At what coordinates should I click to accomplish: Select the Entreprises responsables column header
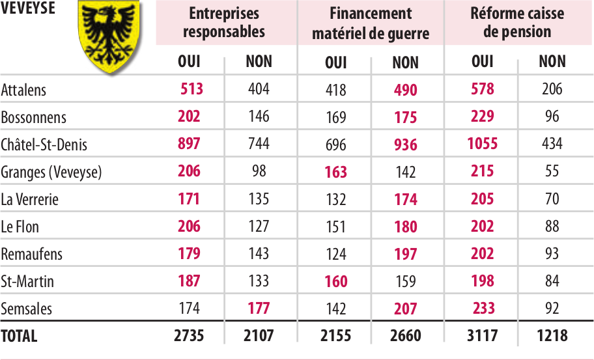[x=223, y=23]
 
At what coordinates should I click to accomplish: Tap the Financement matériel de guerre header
[x=370, y=23]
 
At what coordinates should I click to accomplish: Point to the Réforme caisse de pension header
[x=517, y=23]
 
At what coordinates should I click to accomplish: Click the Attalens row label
[x=24, y=90]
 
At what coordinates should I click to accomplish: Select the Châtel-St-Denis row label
[x=44, y=145]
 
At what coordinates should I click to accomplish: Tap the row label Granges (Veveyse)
[x=51, y=172]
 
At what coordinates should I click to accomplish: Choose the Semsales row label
[x=26, y=309]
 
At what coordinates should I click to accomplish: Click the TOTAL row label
[x=20, y=336]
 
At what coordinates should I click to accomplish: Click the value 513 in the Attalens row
[x=191, y=89]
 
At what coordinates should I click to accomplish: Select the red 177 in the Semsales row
[x=259, y=308]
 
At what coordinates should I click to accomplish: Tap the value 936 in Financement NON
[x=405, y=145]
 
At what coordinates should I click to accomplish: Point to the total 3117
[x=482, y=336]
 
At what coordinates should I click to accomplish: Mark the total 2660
[x=405, y=336]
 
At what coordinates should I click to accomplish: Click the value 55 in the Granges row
[x=552, y=172]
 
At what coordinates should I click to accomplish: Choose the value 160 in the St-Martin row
[x=335, y=281]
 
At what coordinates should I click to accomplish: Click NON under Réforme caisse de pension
[x=552, y=62]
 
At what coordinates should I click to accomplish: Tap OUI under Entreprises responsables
[x=189, y=62]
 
